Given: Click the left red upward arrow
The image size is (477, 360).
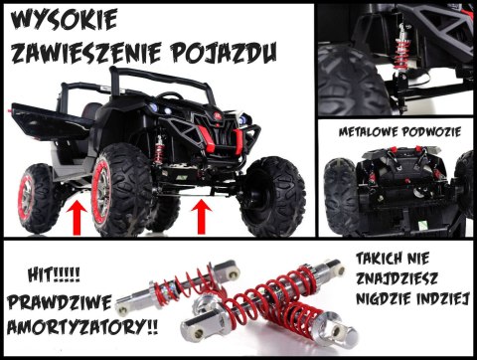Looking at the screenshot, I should pyautogui.click(x=75, y=215).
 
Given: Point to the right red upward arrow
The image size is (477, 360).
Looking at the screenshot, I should pyautogui.click(x=202, y=213).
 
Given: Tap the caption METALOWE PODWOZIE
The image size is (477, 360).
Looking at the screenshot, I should pyautogui.click(x=396, y=129).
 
